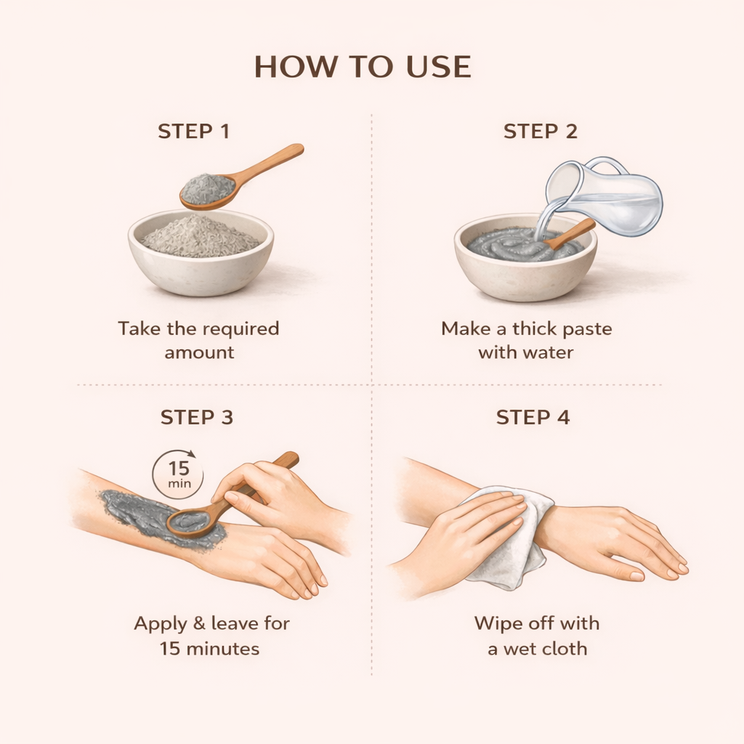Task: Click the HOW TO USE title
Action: tap(363, 67)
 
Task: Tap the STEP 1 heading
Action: tap(193, 132)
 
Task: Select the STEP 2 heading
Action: tap(541, 132)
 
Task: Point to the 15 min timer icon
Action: tap(179, 475)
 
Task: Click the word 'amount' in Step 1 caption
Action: tap(199, 353)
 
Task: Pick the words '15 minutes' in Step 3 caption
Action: tap(209, 648)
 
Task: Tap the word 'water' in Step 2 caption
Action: tap(546, 353)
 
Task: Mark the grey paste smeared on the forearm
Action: tap(138, 512)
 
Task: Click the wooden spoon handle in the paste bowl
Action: tap(574, 232)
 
